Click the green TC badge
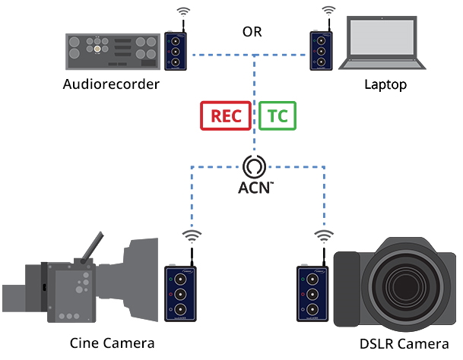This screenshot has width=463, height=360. pos(277,116)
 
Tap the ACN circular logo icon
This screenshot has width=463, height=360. pos(255,166)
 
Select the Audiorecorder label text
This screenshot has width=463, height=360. pos(111,84)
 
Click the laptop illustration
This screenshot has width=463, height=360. pos(382,48)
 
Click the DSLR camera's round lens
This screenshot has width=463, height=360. pos(401,289)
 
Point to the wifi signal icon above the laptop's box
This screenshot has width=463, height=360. pos(328,12)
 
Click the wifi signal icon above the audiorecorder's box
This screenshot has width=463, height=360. pos(183,12)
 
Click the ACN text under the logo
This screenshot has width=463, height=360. pos(254,188)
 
